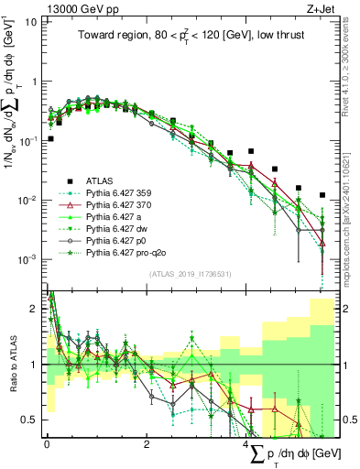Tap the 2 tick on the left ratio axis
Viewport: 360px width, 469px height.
coord(35,308)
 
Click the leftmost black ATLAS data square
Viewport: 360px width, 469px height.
coord(50,139)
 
